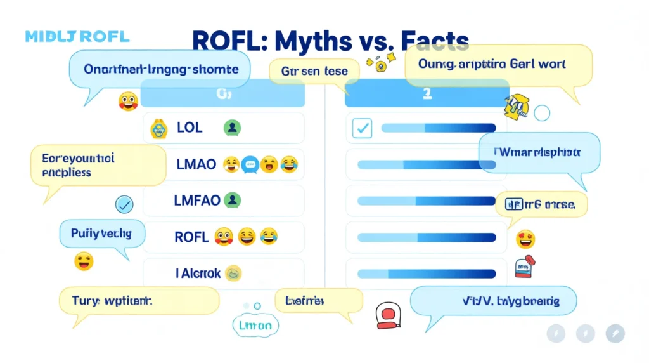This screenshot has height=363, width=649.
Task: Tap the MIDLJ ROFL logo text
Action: [77, 36]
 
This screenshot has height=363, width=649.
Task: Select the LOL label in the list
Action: [190, 128]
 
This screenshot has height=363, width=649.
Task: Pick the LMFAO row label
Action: [197, 201]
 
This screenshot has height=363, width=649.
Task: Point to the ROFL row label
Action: [191, 237]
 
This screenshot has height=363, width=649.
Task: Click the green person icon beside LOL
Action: [232, 128]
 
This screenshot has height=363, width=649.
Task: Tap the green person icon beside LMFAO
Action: [233, 201]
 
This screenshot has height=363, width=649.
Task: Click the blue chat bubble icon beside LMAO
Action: [250, 165]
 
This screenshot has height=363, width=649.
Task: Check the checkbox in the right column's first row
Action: [362, 128]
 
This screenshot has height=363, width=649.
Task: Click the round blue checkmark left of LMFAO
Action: [124, 204]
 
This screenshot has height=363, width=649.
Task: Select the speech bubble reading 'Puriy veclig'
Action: [101, 234]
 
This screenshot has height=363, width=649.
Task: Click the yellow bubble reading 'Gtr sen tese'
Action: [314, 72]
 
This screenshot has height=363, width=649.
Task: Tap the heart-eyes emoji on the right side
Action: [525, 239]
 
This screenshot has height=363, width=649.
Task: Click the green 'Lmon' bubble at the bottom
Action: [255, 326]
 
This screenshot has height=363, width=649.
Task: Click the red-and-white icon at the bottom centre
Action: [386, 315]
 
